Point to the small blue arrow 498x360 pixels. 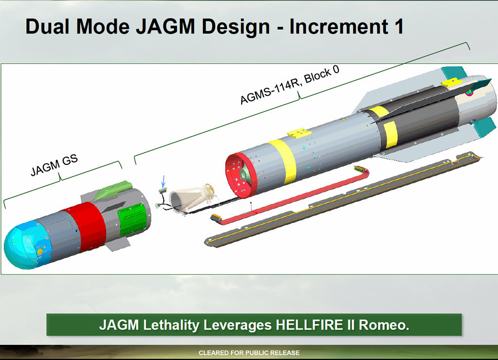coord(163,181)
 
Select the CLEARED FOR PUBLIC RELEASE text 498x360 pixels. coord(249,353)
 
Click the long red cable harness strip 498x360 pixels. coord(292,195)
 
